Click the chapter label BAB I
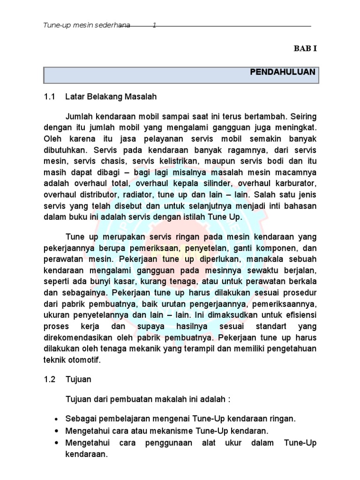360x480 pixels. (x=306, y=48)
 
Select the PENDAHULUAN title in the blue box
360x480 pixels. (x=283, y=73)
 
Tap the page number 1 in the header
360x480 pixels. (x=155, y=26)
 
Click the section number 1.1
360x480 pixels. (x=49, y=97)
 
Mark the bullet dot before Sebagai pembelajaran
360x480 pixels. (x=57, y=419)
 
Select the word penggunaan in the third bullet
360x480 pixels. (x=161, y=442)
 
